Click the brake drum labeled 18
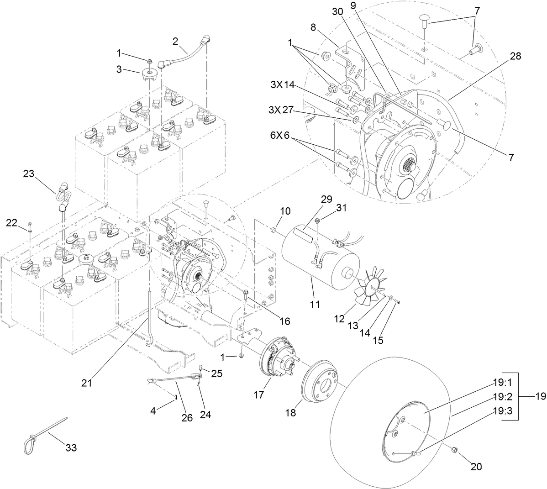tap(321, 380)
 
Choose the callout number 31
tap(341, 208)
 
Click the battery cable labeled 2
tap(183, 55)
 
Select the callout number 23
tap(29, 174)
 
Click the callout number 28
tap(515, 56)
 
